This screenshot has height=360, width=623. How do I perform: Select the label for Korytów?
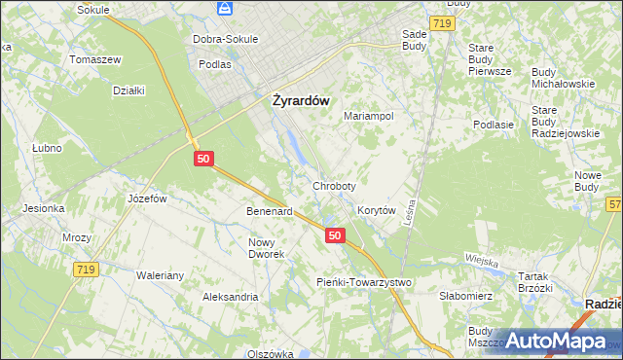pyautogui.click(x=376, y=210)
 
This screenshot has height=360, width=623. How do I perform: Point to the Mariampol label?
pyautogui.click(x=369, y=116)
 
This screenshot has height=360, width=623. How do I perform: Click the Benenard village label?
pyautogui.click(x=270, y=211)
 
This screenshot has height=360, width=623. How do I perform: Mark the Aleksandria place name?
pyautogui.click(x=230, y=296)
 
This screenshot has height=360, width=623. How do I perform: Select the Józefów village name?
pyautogui.click(x=148, y=198)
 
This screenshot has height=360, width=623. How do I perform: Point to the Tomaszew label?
pyautogui.click(x=94, y=59)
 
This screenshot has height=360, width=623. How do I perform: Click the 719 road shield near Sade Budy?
pyautogui.click(x=442, y=21)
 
